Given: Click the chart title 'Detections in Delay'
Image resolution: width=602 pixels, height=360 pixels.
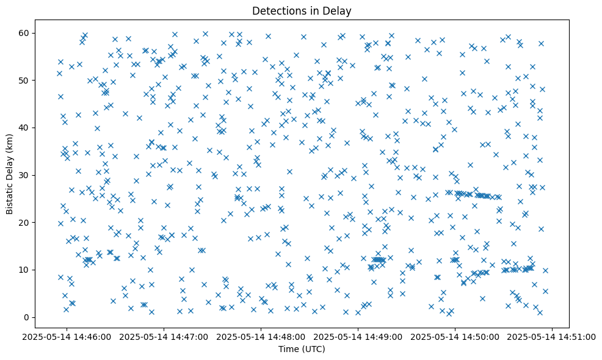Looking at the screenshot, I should pyautogui.click(x=302, y=10).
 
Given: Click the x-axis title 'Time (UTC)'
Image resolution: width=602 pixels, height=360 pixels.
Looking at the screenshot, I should pyautogui.click(x=302, y=349).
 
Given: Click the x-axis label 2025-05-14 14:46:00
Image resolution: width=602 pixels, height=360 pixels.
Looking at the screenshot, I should pyautogui.click(x=67, y=336).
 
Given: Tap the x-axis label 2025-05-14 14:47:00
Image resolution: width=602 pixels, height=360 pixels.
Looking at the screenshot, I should pyautogui.click(x=164, y=336).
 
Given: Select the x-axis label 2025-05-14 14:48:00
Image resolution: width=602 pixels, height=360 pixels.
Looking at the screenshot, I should pyautogui.click(x=261, y=336).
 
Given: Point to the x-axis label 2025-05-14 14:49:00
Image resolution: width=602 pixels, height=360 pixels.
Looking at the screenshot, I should pyautogui.click(x=358, y=336).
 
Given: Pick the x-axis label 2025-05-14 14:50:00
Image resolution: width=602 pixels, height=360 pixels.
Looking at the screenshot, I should pyautogui.click(x=455, y=336).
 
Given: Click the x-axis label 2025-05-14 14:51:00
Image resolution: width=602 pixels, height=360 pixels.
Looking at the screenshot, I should pyautogui.click(x=553, y=336).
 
